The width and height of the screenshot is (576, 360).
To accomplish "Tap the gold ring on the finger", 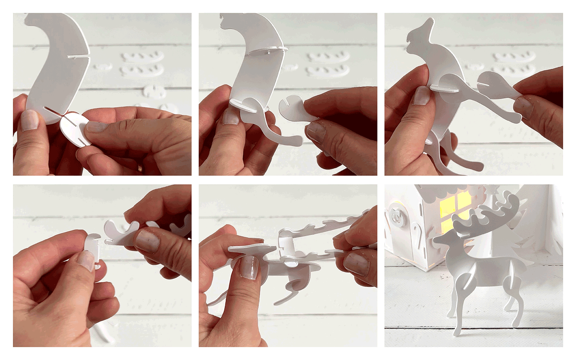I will (140, 168).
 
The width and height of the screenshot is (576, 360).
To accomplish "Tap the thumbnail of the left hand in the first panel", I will (30, 120).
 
